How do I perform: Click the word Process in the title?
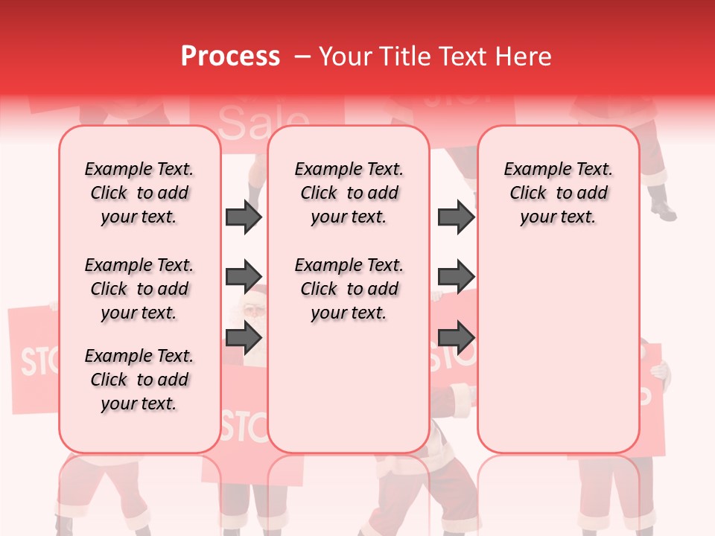(x=229, y=57)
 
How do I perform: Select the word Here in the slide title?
(x=525, y=57)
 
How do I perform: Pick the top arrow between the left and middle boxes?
(x=244, y=217)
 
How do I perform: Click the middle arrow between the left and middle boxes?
(x=244, y=277)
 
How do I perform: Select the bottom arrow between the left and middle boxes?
(x=244, y=337)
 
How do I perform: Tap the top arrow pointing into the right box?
(x=456, y=217)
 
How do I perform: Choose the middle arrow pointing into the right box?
(x=456, y=277)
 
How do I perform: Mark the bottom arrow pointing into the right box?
(x=456, y=337)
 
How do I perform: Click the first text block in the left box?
(x=139, y=193)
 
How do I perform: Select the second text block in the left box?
(x=139, y=289)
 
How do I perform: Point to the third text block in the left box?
(x=139, y=380)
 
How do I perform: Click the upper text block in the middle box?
(x=349, y=193)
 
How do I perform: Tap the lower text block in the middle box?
(x=349, y=289)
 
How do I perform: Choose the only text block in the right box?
(x=558, y=193)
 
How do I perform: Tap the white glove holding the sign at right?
(x=661, y=372)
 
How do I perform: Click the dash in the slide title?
(x=302, y=57)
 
